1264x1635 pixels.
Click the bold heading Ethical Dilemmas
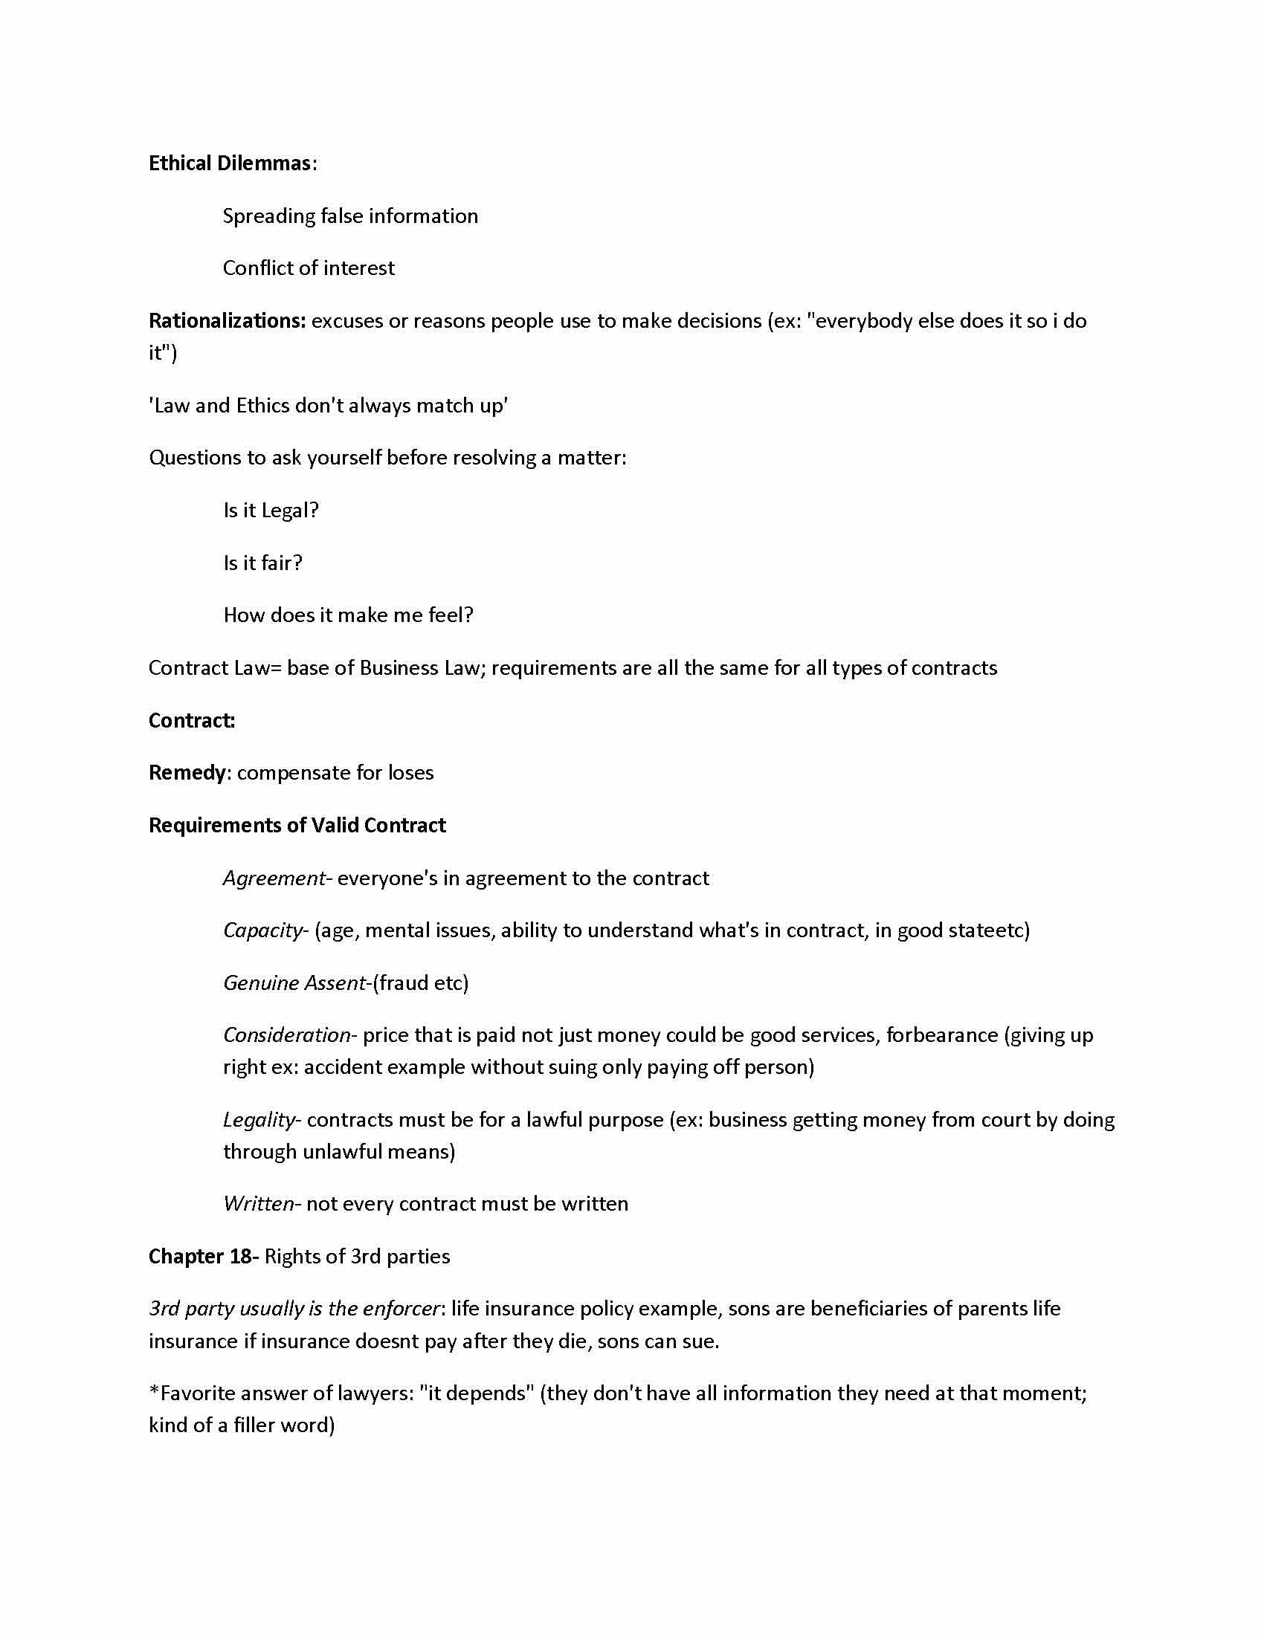click(x=229, y=163)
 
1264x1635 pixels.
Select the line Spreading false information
click(x=349, y=216)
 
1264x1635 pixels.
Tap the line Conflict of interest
click(x=308, y=268)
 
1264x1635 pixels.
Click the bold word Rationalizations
click(x=227, y=321)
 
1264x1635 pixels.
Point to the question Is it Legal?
click(x=271, y=511)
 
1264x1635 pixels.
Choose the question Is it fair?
click(x=262, y=563)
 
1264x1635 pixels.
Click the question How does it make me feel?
click(x=348, y=615)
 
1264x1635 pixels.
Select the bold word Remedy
click(x=187, y=773)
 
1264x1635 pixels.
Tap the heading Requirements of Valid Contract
click(x=297, y=825)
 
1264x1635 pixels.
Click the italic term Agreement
click(x=274, y=878)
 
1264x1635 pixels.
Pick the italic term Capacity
click(x=262, y=930)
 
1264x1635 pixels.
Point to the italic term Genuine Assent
click(x=294, y=983)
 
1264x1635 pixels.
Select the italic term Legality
click(x=259, y=1120)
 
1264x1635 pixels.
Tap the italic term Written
click(x=259, y=1204)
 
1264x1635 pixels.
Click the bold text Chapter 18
click(x=201, y=1256)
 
